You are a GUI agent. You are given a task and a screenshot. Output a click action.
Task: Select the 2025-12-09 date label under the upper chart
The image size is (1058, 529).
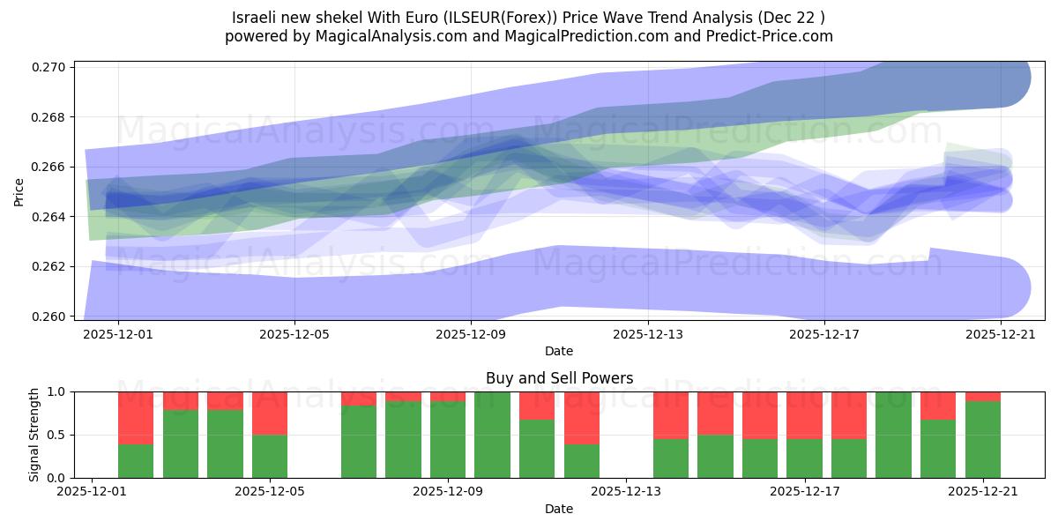471,334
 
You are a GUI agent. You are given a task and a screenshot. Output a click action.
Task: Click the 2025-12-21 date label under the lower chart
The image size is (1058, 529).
983,492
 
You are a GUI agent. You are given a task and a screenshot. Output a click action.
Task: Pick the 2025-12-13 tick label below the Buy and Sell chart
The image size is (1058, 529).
626,492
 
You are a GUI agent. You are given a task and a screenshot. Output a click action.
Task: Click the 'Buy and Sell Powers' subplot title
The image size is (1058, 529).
559,378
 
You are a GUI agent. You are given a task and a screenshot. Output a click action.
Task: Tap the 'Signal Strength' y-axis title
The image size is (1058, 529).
34,434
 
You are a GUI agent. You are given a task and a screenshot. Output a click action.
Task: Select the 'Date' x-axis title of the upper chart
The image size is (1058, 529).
559,351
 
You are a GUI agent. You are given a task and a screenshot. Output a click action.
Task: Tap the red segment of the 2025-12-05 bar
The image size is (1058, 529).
270,413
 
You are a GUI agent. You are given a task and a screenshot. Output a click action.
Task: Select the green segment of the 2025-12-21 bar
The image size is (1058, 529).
983,439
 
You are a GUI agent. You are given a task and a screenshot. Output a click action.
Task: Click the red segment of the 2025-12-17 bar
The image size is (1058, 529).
804,414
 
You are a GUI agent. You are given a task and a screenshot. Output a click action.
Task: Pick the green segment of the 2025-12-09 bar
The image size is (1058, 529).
448,439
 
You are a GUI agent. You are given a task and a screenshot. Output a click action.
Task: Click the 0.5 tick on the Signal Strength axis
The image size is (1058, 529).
57,435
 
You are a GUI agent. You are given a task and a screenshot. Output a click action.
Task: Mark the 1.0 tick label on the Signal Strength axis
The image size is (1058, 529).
57,391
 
